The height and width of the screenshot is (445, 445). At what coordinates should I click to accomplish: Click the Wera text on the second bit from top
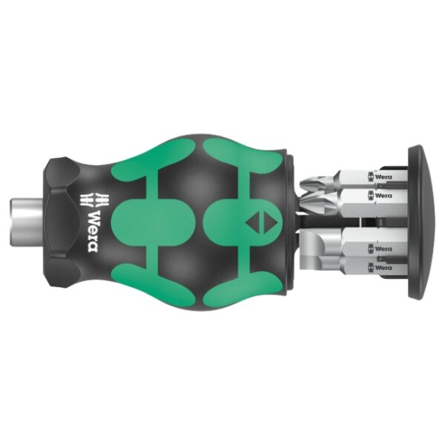click(x=383, y=195)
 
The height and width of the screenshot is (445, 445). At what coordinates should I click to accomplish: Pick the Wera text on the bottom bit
click(x=383, y=266)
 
